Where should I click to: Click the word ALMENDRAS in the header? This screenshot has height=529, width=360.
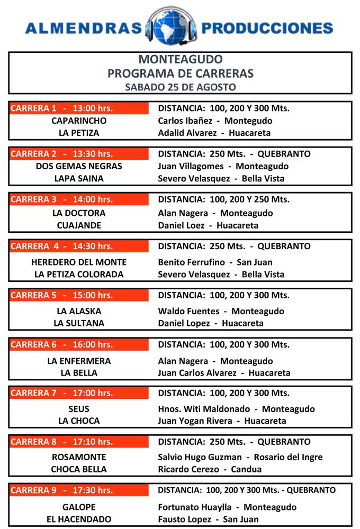(x=84, y=28)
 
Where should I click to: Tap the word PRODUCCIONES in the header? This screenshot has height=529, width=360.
(x=267, y=28)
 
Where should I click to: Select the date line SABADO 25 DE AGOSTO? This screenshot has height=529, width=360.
(x=180, y=87)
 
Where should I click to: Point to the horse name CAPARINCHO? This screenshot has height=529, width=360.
(x=79, y=121)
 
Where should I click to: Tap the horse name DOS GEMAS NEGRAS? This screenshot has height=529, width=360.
(x=79, y=166)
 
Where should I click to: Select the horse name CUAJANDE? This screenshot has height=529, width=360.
(x=79, y=225)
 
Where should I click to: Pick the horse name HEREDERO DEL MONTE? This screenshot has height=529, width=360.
(x=79, y=262)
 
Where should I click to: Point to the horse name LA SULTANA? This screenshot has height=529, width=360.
(x=79, y=323)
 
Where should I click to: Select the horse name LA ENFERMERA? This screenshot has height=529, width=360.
(x=79, y=361)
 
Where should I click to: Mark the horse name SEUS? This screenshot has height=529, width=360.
(x=79, y=409)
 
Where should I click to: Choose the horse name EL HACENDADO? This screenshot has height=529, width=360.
(x=79, y=519)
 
